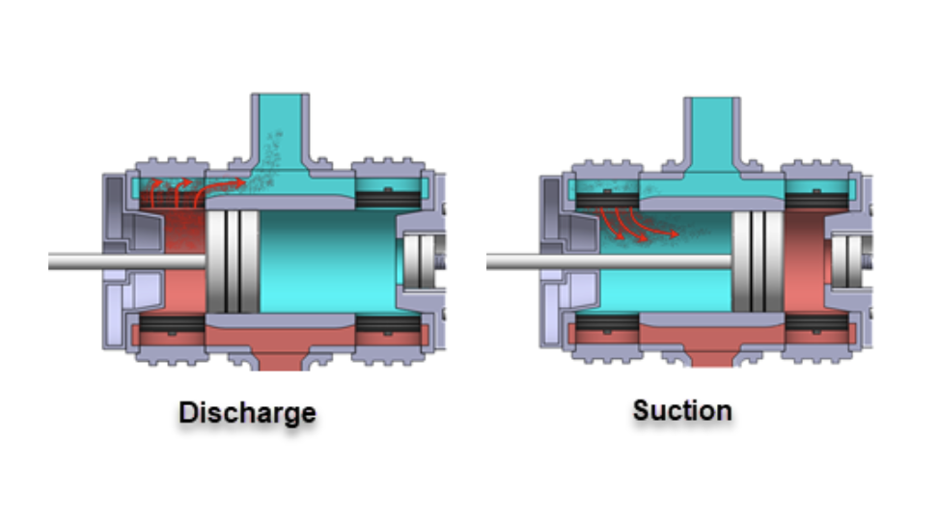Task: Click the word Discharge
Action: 247,413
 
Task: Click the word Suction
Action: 682,410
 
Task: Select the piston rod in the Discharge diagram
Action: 125,261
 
